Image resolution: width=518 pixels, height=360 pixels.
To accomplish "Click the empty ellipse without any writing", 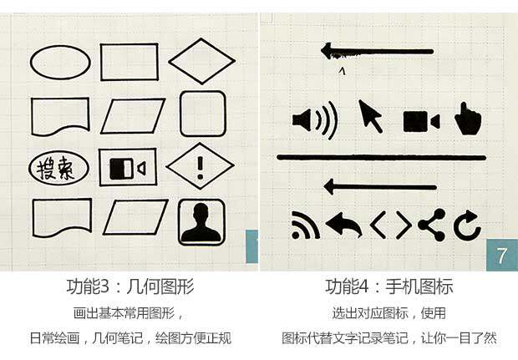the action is [60, 61].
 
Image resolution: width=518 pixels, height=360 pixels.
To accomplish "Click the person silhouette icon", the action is [201, 222].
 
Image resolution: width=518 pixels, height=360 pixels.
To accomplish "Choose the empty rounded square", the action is [203, 114].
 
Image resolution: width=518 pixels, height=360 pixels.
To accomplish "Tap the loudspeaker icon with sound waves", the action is [314, 120].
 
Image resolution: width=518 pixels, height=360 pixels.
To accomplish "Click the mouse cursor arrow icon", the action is [370, 116].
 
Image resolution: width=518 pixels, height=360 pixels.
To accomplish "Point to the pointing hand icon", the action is [468, 119].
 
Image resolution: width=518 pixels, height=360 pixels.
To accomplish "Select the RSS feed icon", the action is [305, 225].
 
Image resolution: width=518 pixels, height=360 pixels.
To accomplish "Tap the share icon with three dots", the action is [431, 224].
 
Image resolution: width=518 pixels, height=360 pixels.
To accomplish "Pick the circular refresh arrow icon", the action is [466, 224].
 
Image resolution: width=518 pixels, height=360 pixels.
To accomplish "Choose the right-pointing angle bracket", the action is [403, 224].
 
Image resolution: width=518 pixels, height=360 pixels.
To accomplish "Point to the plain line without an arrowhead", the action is [381, 157].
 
